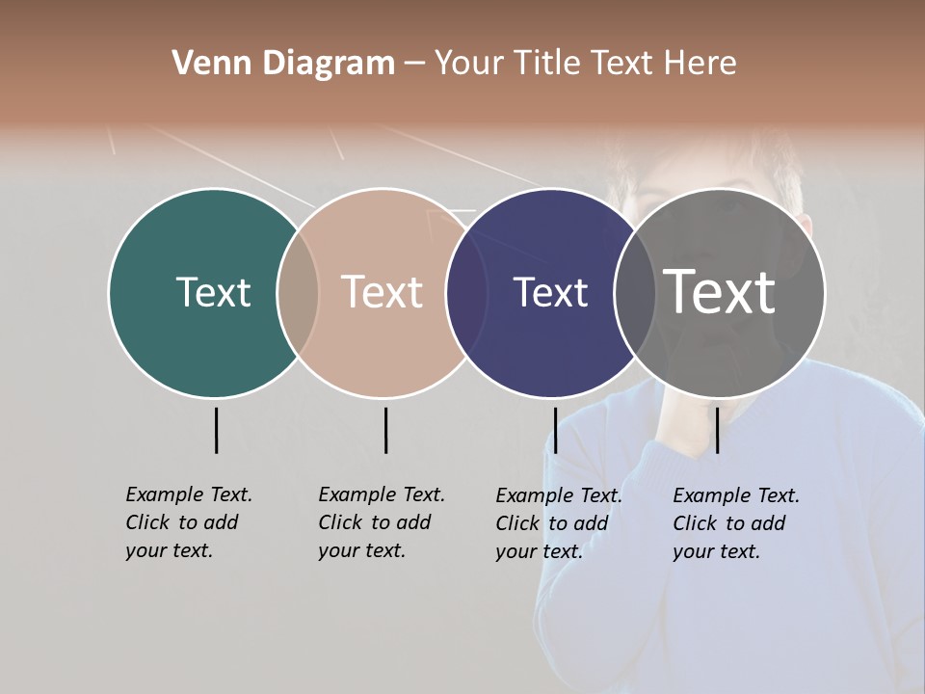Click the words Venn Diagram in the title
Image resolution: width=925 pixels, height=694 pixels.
(283, 64)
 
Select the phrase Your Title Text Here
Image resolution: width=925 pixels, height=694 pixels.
(585, 64)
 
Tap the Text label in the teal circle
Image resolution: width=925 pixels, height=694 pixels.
(213, 292)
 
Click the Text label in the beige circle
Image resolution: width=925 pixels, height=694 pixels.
(383, 292)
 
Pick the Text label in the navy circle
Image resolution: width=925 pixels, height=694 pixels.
(550, 292)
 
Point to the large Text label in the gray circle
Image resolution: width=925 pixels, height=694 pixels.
(720, 292)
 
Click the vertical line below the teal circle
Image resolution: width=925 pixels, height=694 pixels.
(216, 430)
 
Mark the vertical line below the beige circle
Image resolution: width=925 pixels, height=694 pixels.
(385, 430)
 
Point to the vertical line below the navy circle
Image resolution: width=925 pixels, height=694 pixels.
(555, 430)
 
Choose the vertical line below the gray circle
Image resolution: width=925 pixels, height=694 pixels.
(717, 430)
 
